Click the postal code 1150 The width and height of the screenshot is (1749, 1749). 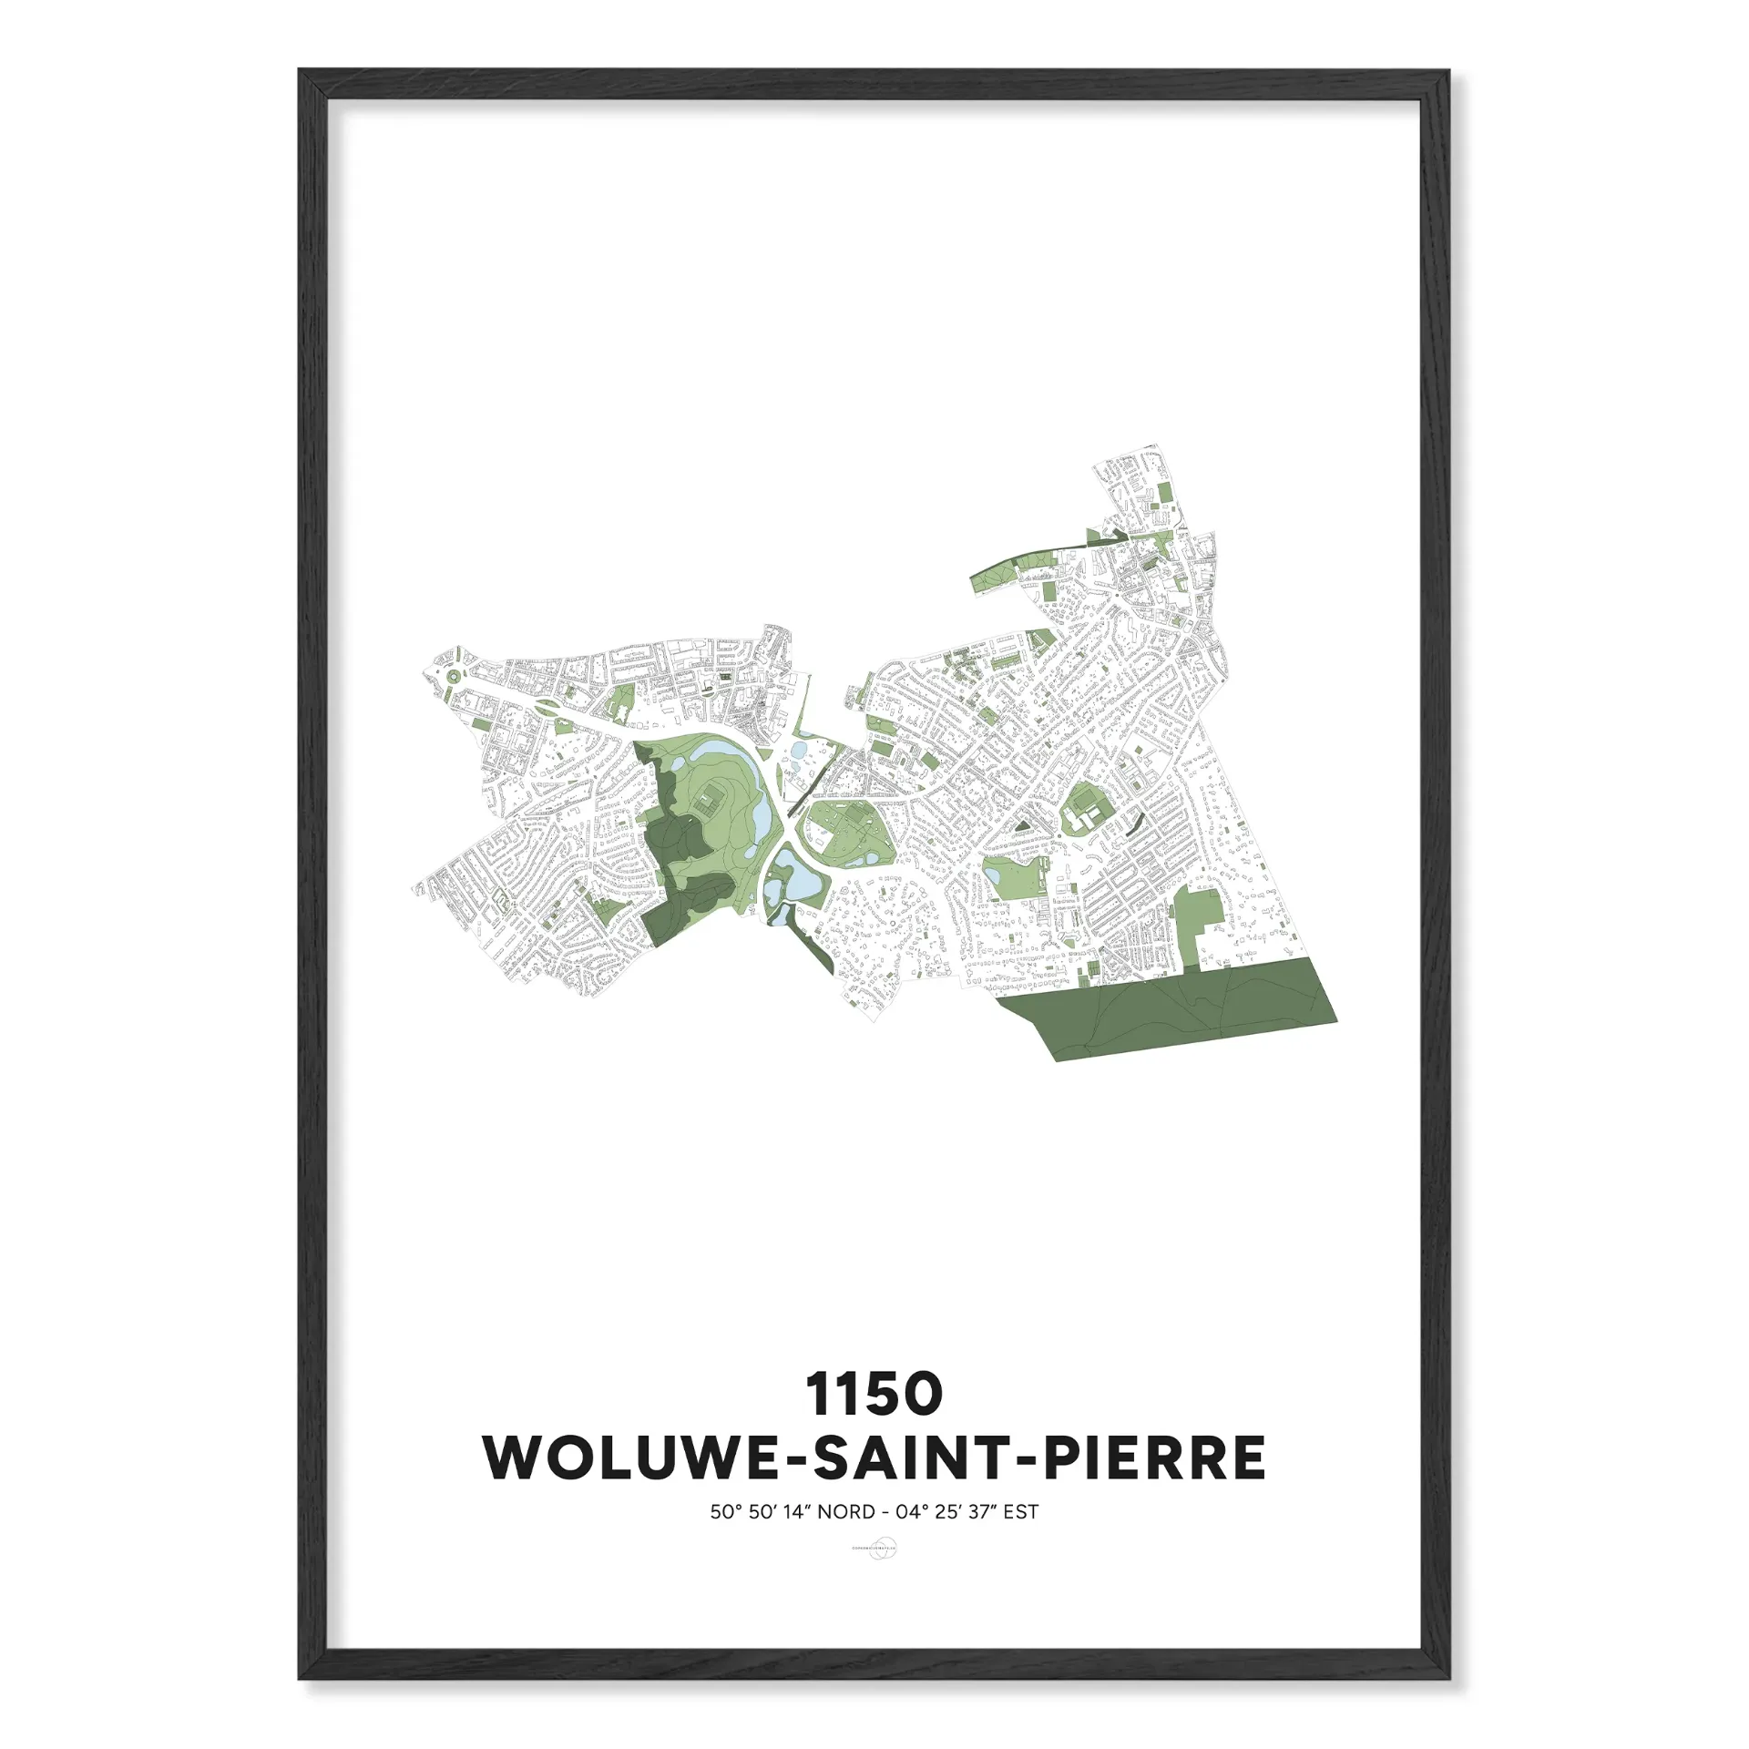click(x=874, y=1395)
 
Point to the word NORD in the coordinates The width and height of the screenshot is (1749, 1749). click(x=846, y=1512)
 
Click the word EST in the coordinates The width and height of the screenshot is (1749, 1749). click(x=1020, y=1512)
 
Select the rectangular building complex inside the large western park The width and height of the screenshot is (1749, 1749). click(x=708, y=803)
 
